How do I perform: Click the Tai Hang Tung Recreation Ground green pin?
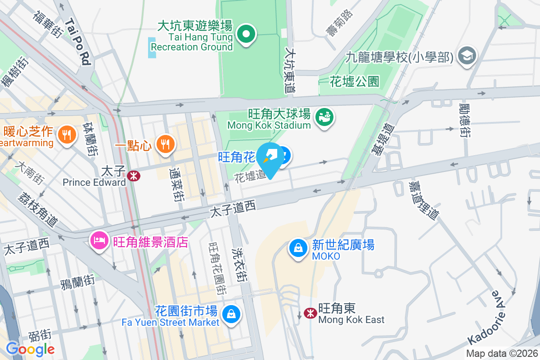pos(246,35)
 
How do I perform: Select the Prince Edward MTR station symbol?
pos(133,175)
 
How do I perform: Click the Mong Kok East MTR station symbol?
pos(310,313)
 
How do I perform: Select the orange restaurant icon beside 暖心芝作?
pos(67,134)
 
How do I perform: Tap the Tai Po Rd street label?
pos(77,41)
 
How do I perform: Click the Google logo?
pos(30,349)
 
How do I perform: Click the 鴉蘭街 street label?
pos(77,283)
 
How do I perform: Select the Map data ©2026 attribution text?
pos(501,354)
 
